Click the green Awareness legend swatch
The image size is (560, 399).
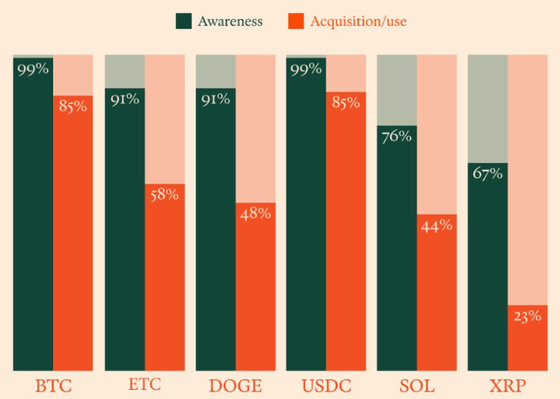(184, 21)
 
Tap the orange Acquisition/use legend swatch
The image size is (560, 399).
(296, 21)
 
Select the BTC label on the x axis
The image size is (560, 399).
(54, 386)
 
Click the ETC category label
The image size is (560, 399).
(145, 385)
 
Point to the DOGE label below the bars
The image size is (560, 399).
(235, 386)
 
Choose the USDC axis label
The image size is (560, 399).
(326, 386)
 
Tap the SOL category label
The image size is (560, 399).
(417, 386)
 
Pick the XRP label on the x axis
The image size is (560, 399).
(508, 386)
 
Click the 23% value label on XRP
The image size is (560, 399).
(527, 316)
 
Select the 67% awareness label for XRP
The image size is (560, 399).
(487, 174)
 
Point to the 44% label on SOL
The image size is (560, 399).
(436, 226)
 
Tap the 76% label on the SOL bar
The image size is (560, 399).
(396, 137)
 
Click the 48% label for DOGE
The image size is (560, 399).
(256, 214)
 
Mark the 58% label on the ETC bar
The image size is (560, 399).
(165, 195)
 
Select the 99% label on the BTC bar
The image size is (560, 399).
(33, 69)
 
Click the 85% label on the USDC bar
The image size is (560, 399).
(346, 102)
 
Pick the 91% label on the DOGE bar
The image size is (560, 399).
(216, 99)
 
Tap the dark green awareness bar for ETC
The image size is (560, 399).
(124, 229)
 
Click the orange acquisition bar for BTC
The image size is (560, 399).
(73, 233)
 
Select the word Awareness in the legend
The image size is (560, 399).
(231, 21)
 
